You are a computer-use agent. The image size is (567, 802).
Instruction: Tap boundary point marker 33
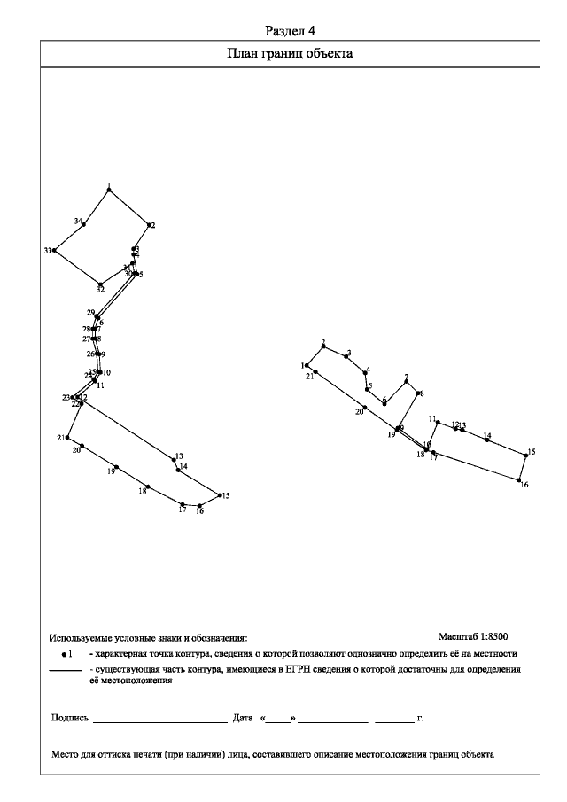click(x=55, y=251)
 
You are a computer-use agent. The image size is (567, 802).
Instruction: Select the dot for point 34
click(x=84, y=224)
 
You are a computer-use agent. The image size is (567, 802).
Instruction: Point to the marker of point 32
click(x=101, y=284)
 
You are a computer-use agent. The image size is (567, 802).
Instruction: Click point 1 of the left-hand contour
click(x=109, y=191)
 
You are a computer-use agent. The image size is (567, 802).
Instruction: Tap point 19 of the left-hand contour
click(x=116, y=467)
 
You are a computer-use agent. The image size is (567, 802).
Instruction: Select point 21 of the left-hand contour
click(x=67, y=437)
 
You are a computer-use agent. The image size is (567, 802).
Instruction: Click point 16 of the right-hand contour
click(x=519, y=480)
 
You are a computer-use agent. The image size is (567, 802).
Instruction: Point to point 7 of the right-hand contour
click(x=407, y=381)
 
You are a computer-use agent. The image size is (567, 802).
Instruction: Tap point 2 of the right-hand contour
click(x=323, y=346)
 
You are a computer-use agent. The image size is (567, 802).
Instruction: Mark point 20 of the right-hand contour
click(x=365, y=407)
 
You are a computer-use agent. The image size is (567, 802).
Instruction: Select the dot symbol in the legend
click(x=64, y=654)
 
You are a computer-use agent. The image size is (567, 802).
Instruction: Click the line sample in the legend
click(x=65, y=671)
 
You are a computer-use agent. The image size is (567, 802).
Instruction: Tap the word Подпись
click(x=70, y=718)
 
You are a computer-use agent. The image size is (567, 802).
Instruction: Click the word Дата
click(x=243, y=718)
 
